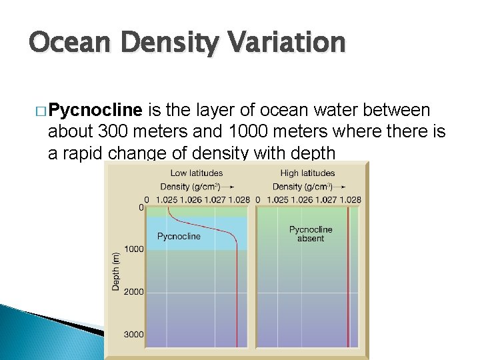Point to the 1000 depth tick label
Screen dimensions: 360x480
pos(133,249)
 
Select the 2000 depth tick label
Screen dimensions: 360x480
pos(133,292)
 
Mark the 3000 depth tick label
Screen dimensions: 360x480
pos(133,334)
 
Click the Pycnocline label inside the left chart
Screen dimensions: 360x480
pos(179,236)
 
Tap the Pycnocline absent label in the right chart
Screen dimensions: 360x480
pos(310,234)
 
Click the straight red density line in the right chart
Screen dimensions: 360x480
pos(348,280)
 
